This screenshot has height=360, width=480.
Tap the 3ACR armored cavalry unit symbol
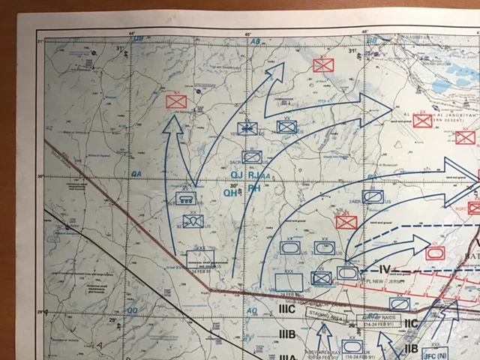point(252,157)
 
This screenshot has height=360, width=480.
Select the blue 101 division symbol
point(247,128)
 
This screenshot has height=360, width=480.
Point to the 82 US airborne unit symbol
point(193,221)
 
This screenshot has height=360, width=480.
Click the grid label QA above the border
point(136,173)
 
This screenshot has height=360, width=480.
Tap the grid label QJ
point(235,175)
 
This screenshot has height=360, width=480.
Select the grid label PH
point(254,190)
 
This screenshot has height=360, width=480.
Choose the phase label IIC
point(410,323)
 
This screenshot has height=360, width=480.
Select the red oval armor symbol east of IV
point(434,253)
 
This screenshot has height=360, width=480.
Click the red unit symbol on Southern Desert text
point(422,120)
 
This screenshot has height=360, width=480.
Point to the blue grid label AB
point(255,41)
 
